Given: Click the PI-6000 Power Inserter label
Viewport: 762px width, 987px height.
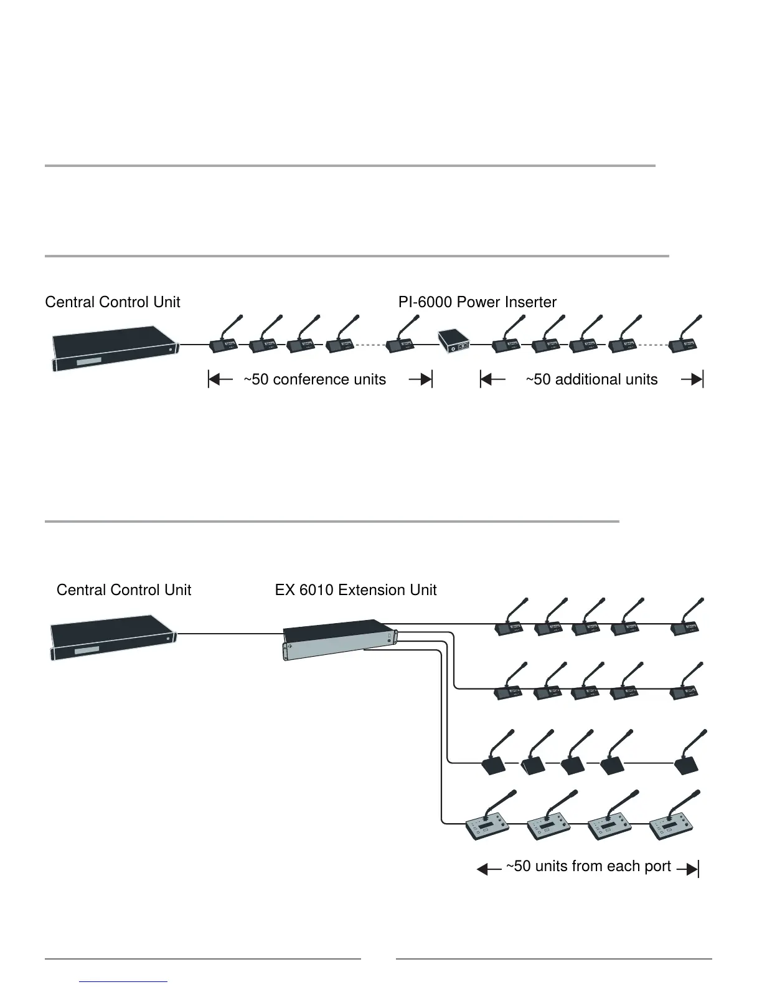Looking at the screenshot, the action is coord(477,302).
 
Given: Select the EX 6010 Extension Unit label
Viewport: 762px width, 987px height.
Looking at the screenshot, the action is coord(355,590).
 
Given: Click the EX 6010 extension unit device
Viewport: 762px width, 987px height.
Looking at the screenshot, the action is coord(339,639).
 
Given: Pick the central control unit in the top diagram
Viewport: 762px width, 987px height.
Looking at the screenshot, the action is coord(114,348).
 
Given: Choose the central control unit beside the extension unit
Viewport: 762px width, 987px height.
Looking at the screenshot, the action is coord(112,637).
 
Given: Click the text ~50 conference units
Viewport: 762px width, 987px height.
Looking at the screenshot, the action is coord(314,379).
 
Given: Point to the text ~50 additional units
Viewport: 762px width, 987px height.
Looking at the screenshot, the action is coord(591,379).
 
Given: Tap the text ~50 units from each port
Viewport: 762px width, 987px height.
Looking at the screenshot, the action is coord(588,867).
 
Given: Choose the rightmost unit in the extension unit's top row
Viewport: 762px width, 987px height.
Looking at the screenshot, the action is coord(685,627).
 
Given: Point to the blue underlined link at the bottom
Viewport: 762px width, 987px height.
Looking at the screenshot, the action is coord(123,981).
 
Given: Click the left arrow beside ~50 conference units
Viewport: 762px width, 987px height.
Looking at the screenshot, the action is coord(220,379).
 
